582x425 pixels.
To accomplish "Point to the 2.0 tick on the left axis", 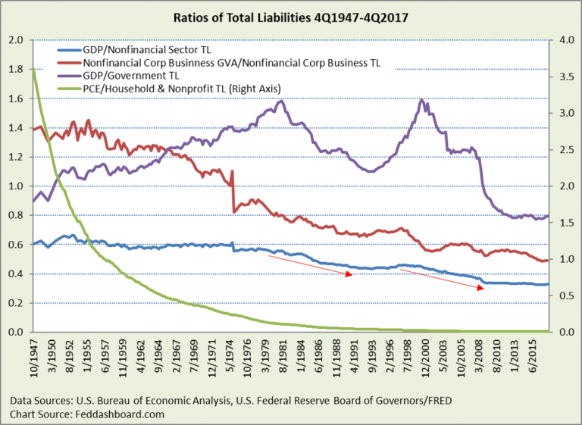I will [x=16, y=40].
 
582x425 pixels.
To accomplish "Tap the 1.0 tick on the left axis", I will [x=16, y=186].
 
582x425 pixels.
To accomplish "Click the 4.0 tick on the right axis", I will [x=565, y=40].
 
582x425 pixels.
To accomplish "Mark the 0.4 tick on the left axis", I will [x=16, y=273].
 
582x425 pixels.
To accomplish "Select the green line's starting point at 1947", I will [x=34, y=70].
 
